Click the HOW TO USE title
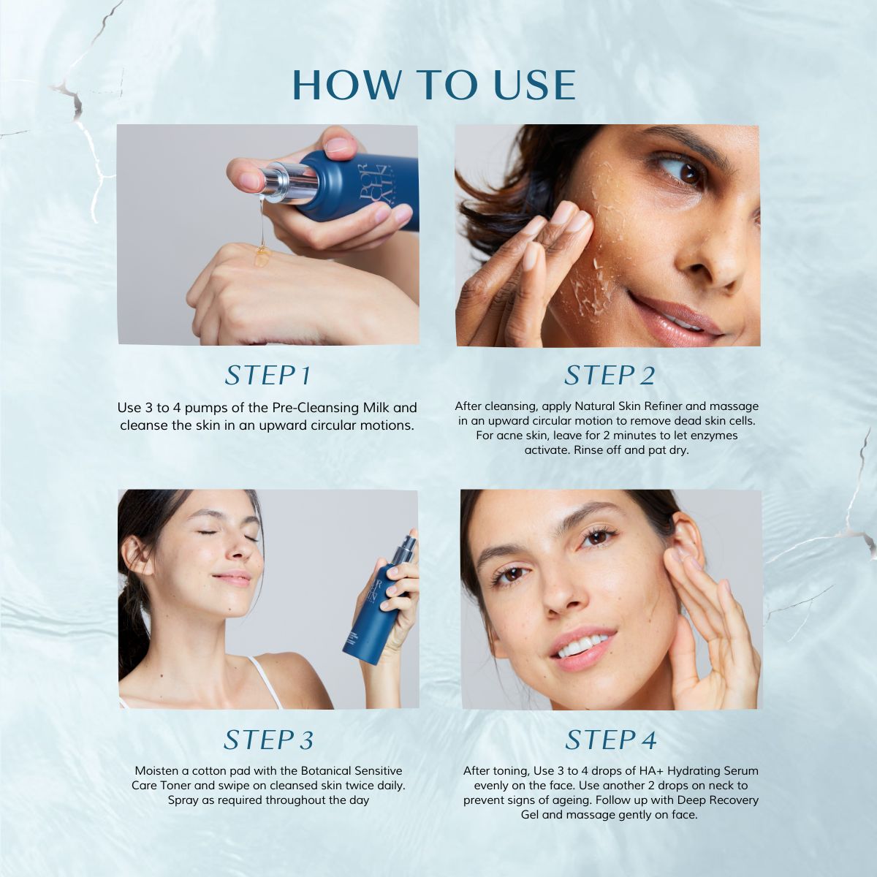pos(434,85)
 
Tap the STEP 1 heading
pos(268,376)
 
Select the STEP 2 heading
pos(610,376)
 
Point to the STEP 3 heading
pos(268,740)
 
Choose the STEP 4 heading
pos(611,740)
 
